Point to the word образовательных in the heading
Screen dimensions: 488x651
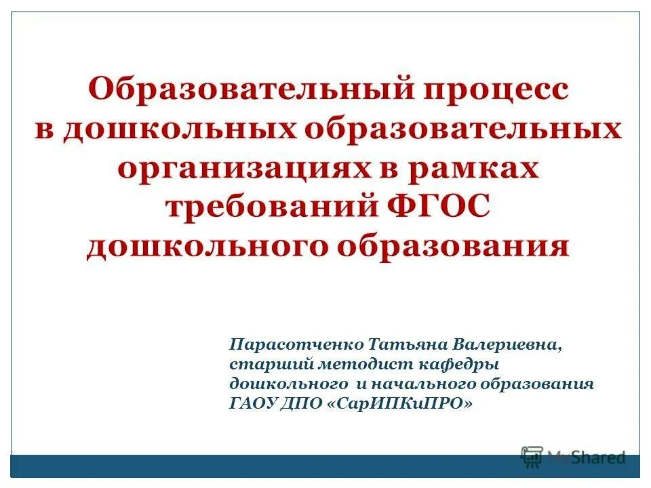pos(464,129)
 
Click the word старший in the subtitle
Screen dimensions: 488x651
pos(261,364)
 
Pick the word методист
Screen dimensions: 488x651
pos(344,364)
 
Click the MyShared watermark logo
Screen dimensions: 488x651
pos(572,457)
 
